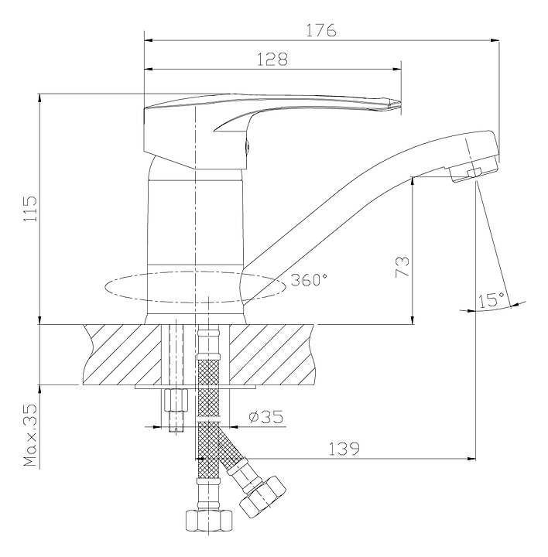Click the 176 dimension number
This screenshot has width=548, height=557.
(321, 30)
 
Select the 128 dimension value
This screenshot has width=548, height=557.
(272, 60)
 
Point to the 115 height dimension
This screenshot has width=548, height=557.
(30, 209)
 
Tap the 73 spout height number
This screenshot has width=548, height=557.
(402, 266)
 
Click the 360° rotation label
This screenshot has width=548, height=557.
(309, 280)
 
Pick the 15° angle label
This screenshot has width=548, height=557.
(491, 300)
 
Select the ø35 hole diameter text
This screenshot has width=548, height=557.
(265, 417)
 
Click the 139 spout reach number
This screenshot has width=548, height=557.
(344, 449)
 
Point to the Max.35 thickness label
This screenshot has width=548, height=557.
(30, 435)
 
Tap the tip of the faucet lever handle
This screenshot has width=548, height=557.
(400, 103)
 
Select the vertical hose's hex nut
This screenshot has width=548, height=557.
(209, 520)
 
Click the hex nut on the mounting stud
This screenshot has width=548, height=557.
(176, 400)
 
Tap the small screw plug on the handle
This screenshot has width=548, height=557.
(248, 146)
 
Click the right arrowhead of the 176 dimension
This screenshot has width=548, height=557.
(495, 40)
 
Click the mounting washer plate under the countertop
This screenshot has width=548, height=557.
(196, 387)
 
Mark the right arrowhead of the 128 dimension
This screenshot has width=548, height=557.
(396, 69)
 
